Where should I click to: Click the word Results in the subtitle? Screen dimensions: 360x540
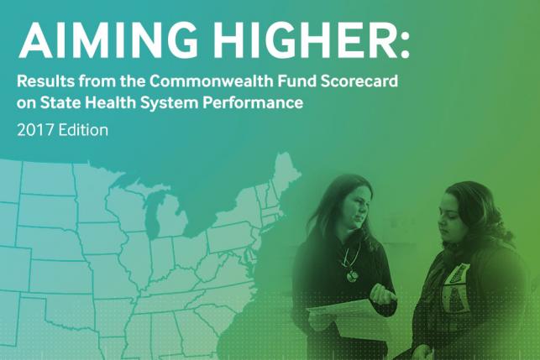click(48, 84)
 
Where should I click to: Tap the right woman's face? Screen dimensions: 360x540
click(453, 218)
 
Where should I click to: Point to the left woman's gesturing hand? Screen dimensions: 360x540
click(382, 293)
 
